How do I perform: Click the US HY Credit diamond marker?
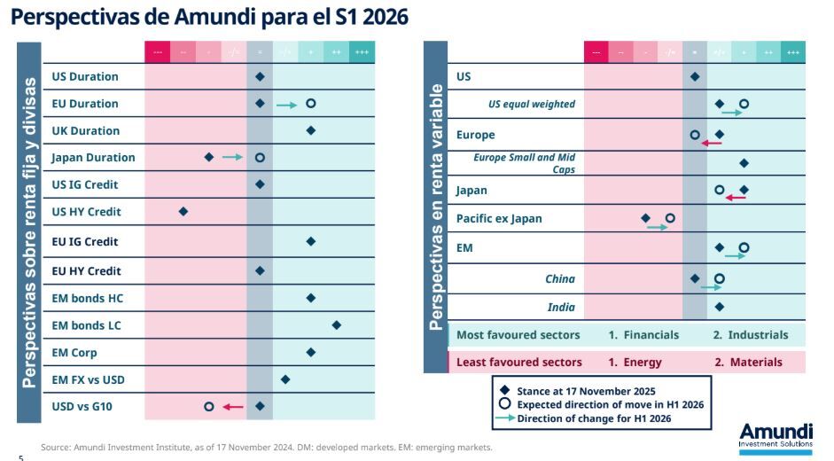(x=183, y=211)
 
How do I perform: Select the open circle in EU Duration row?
(x=310, y=104)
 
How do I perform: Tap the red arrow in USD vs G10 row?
(x=233, y=407)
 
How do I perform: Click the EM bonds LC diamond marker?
(x=337, y=325)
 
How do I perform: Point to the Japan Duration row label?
(x=93, y=158)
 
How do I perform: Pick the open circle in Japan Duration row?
(x=260, y=158)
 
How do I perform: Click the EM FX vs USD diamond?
(x=285, y=379)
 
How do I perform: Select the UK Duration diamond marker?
(x=311, y=130)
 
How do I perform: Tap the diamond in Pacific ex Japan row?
(x=645, y=218)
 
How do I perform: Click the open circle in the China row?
(x=719, y=278)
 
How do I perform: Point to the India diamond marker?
(x=719, y=307)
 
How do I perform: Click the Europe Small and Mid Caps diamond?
(x=744, y=163)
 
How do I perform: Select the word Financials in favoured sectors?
(x=651, y=335)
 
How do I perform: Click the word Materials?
(x=756, y=362)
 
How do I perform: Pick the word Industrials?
(x=758, y=335)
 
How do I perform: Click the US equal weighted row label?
(x=532, y=105)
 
